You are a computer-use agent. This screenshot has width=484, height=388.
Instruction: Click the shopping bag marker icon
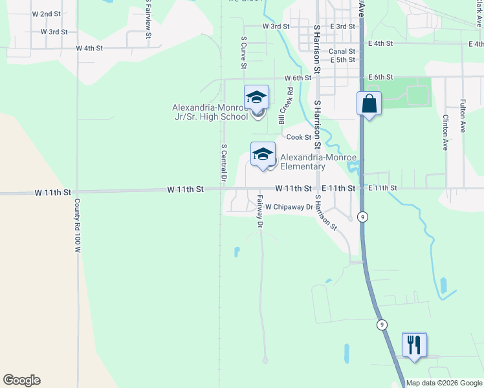click(369, 103)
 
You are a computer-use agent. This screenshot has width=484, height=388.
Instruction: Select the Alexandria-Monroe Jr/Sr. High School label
click(210, 112)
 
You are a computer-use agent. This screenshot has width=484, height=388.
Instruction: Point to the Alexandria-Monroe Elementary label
click(302, 162)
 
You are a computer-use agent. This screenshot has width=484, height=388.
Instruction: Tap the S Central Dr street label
click(223, 162)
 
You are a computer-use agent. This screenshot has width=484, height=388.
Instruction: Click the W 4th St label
click(89, 48)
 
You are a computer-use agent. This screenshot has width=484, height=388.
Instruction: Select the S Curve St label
click(244, 52)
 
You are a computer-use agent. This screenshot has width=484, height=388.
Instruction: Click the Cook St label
click(299, 137)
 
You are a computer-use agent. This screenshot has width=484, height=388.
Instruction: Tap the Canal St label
click(342, 50)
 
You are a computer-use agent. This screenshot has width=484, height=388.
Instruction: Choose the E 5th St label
click(342, 59)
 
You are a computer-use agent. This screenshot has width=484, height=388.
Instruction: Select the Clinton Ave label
click(445, 133)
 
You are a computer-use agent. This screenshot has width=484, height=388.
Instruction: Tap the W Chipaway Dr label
click(289, 207)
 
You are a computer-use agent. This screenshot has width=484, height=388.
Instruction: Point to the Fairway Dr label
click(260, 211)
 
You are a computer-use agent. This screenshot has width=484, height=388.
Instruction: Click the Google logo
click(21, 380)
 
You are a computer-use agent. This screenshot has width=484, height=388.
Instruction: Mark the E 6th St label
click(380, 77)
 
